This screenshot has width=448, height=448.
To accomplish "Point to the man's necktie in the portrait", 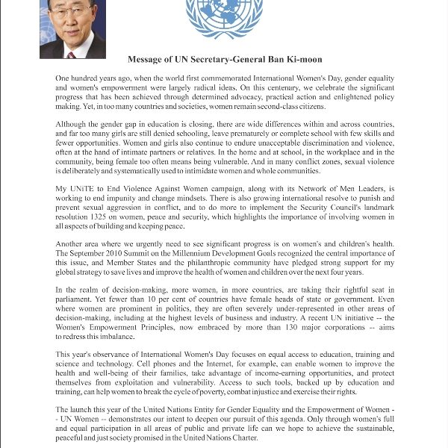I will pos(72,54).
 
